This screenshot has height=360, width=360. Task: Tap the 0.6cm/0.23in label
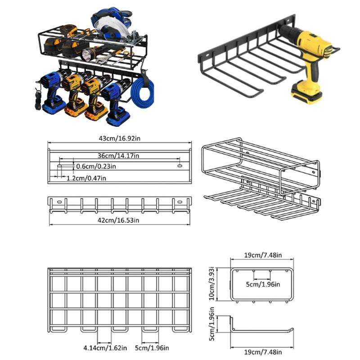[x=96, y=166]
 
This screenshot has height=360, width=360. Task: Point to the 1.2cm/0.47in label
[x=86, y=178]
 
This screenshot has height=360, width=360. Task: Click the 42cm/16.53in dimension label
[x=119, y=220]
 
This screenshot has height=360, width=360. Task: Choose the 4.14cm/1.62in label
[x=105, y=348]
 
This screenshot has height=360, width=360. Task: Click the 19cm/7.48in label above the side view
[x=263, y=255]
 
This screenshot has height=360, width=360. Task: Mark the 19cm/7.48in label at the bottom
[x=263, y=351]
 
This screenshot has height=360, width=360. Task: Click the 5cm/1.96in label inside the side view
[x=262, y=284]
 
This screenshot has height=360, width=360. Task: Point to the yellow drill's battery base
[x=307, y=92]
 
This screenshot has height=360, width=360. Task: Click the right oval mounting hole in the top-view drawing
[x=180, y=166]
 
